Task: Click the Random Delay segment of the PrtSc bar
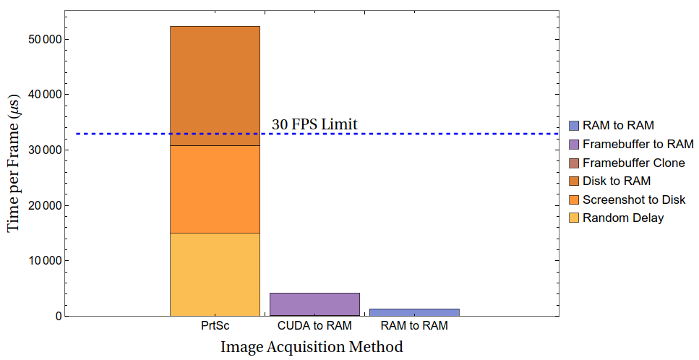[215, 274]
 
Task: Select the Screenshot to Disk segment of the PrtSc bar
[215, 189]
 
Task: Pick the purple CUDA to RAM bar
[314, 304]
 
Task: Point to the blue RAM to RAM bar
[414, 312]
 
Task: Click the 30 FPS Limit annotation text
[314, 124]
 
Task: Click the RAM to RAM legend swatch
[574, 126]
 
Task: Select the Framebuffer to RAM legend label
[638, 144]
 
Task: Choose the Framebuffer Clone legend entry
[633, 163]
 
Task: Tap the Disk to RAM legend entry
[616, 181]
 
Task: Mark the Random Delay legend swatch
[574, 218]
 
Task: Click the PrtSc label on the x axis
[215, 326]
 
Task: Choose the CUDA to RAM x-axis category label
[314, 326]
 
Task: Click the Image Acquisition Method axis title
[312, 347]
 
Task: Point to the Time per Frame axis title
[14, 166]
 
